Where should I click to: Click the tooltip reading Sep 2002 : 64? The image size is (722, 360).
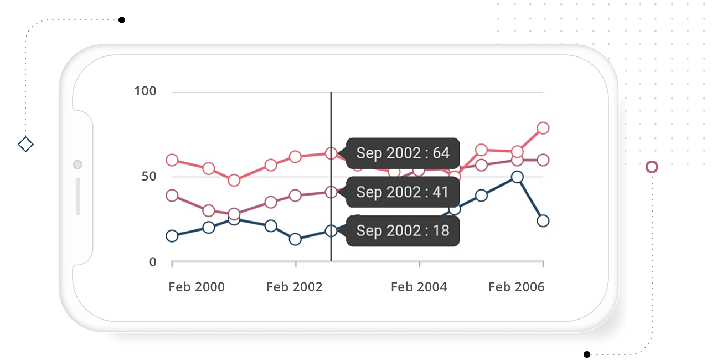pos(403,153)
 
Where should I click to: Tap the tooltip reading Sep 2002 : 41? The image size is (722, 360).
pos(403,192)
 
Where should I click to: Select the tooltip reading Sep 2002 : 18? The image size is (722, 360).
pos(403,230)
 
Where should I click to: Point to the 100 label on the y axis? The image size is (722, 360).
pos(146,91)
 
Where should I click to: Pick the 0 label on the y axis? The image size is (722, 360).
pos(153,262)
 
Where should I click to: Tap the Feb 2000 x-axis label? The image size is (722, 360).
pos(197,287)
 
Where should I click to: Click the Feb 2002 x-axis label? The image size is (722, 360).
pos(294,287)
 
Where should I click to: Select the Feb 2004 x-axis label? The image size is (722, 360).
pos(419,287)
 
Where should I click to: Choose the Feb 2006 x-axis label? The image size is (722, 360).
pos(516,287)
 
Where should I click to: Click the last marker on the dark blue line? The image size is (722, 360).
pos(543,221)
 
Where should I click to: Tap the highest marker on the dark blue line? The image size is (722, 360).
pos(517,177)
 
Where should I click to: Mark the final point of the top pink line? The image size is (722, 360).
pos(543,128)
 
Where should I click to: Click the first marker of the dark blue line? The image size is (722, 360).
pos(172,236)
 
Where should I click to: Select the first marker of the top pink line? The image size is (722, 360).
pos(172,160)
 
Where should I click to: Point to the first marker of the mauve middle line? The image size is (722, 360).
pos(172,196)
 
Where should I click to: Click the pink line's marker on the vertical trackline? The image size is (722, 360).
pos(331,153)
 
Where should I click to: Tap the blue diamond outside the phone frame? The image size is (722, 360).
pos(25,145)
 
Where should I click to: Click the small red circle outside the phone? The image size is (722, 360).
pos(652,167)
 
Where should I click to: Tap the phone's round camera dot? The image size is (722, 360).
pos(78,164)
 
